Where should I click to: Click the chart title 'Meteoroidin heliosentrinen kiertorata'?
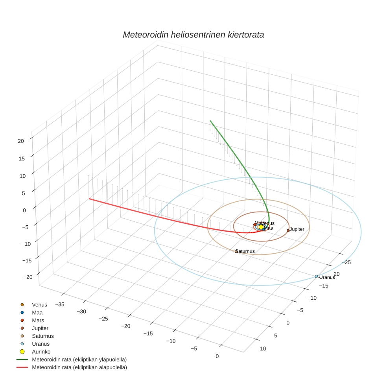pyautogui.click(x=193, y=35)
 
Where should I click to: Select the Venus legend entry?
pyautogui.click(x=39, y=305)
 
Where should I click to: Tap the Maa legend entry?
pyautogui.click(x=37, y=313)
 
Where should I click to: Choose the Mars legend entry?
pyautogui.click(x=38, y=321)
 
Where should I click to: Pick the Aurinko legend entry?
pyautogui.click(x=41, y=352)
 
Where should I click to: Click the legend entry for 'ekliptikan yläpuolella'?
pyautogui.click(x=79, y=359)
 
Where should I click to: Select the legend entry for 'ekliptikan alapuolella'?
pyautogui.click(x=79, y=367)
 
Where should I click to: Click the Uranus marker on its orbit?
pyautogui.click(x=316, y=276)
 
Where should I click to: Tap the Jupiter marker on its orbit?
pyautogui.click(x=288, y=230)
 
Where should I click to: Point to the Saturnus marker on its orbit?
pyautogui.click(x=236, y=251)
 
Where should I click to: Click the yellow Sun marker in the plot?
pyautogui.click(x=261, y=227)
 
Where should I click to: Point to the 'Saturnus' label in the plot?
pyautogui.click(x=245, y=251)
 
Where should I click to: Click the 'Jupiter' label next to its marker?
pyautogui.click(x=297, y=229)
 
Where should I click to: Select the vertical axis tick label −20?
pyautogui.click(x=28, y=277)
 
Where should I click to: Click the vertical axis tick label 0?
pyautogui.click(x=24, y=210)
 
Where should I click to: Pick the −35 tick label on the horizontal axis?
pyautogui.click(x=60, y=304)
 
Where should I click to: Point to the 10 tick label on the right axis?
pyautogui.click(x=263, y=348)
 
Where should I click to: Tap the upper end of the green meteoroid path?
pyautogui.click(x=210, y=121)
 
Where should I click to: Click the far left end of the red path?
pyautogui.click(x=89, y=199)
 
